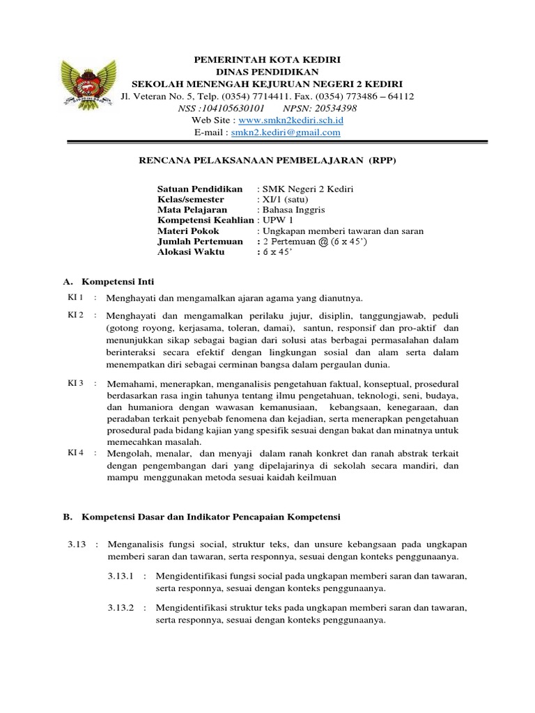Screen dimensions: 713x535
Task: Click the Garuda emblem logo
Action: point(86,81)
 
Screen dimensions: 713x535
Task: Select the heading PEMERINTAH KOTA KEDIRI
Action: point(267,60)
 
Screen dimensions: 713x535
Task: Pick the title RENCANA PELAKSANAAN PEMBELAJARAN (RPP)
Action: point(267,160)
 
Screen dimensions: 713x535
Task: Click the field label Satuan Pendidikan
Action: point(200,189)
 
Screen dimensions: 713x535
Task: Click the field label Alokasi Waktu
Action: point(192,251)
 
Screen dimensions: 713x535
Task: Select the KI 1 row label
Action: point(75,298)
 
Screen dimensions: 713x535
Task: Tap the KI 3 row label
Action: point(75,383)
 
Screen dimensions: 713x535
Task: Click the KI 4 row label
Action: point(75,452)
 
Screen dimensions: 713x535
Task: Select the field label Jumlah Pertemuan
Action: point(201,241)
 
